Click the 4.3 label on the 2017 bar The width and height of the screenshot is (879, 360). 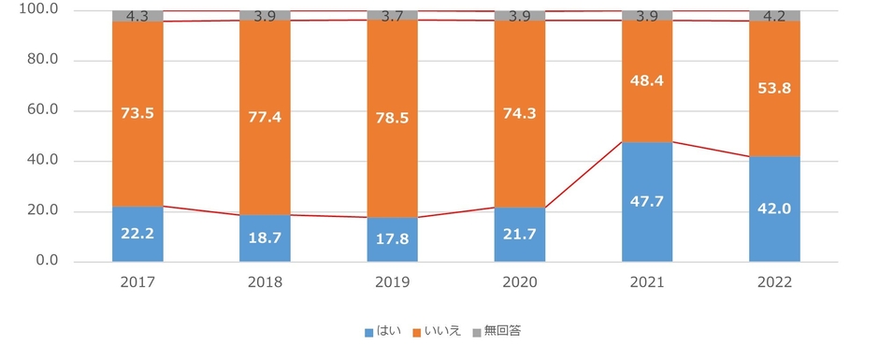[137, 16]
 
